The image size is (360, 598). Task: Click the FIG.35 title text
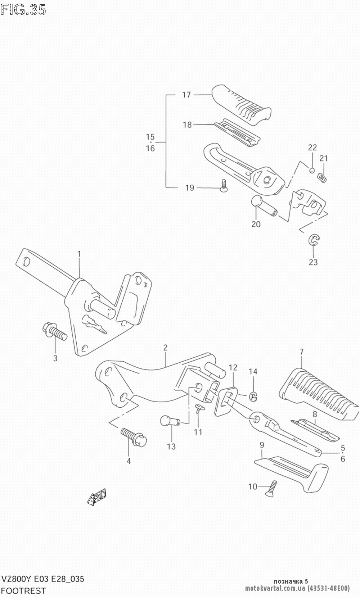pyautogui.click(x=23, y=10)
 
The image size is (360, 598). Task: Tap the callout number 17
pyautogui.click(x=186, y=95)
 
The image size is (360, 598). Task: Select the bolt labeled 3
pyautogui.click(x=55, y=332)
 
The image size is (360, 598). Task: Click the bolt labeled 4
pyautogui.click(x=134, y=436)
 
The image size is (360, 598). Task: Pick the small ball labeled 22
pyautogui.click(x=312, y=170)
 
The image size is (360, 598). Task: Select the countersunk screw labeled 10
pyautogui.click(x=271, y=488)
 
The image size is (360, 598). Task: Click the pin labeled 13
pyautogui.click(x=170, y=421)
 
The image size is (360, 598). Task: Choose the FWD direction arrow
pyautogui.click(x=97, y=497)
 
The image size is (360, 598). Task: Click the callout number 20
pyautogui.click(x=256, y=224)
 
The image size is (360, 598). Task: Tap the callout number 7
pyautogui.click(x=302, y=352)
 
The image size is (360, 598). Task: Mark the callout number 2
pyautogui.click(x=165, y=348)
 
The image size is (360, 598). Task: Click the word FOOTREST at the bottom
pyautogui.click(x=23, y=591)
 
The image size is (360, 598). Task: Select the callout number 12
pyautogui.click(x=233, y=368)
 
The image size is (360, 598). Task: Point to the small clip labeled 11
pyautogui.click(x=199, y=408)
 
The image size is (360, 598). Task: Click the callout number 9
pyautogui.click(x=262, y=445)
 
